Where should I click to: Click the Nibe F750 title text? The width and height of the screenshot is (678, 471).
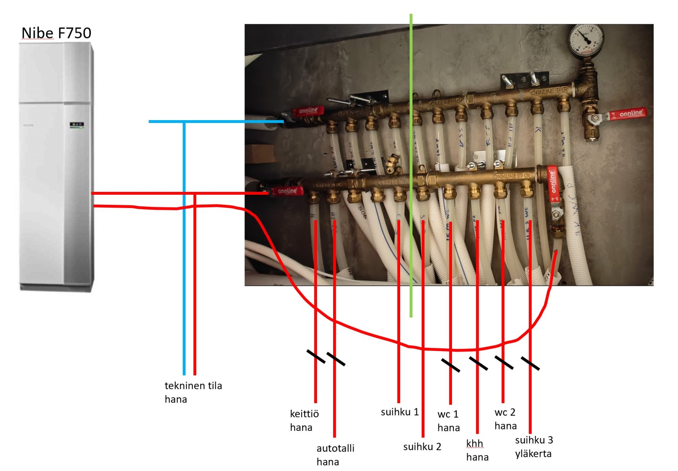[56, 33]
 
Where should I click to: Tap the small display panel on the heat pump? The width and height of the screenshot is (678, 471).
[77, 125]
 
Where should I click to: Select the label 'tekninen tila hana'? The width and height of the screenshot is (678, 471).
[193, 392]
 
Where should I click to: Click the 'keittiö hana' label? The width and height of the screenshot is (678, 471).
[304, 420]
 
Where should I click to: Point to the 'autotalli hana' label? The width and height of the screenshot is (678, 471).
[335, 455]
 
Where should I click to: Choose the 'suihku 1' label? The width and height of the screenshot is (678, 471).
[399, 412]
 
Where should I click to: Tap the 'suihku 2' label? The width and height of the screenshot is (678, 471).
[422, 446]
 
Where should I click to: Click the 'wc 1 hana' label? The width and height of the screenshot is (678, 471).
[448, 421]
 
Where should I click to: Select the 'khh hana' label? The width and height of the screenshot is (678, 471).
[477, 450]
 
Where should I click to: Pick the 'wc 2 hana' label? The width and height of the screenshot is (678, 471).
[505, 419]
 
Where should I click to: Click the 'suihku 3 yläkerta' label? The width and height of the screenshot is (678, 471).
[534, 447]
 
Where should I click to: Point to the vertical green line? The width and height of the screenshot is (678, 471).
[411, 165]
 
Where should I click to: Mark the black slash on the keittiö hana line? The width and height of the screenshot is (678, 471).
[315, 356]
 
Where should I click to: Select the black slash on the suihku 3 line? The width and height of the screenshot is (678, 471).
[530, 363]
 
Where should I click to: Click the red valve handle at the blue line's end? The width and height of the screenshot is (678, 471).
[308, 111]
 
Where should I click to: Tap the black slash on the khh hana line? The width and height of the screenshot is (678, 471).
[478, 363]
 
